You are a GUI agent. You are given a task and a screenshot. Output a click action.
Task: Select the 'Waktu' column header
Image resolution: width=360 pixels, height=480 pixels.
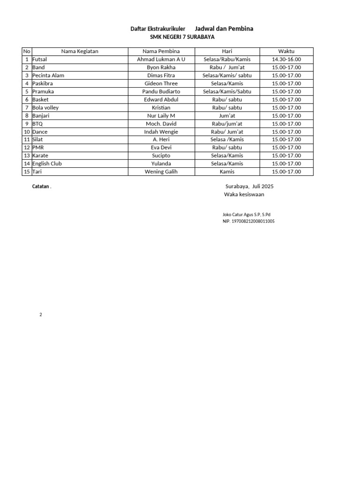pos(286,52)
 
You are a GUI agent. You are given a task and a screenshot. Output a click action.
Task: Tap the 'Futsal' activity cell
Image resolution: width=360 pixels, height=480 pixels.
pos(39,60)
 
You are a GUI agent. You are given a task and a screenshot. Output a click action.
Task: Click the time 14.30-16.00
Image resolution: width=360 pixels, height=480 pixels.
pos(286,60)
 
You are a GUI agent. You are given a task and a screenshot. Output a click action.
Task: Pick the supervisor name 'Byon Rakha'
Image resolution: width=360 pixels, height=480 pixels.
pos(161,67)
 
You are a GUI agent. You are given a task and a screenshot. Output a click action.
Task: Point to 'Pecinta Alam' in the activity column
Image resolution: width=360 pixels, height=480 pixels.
pos(48,75)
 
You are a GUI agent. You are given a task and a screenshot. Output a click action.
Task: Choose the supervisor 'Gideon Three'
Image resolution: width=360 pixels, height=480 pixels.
pos(161,83)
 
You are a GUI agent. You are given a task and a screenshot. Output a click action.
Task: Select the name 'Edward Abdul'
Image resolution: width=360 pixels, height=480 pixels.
pos(161,99)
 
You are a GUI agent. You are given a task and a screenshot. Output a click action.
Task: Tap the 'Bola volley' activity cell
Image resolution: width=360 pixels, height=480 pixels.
pos(45,107)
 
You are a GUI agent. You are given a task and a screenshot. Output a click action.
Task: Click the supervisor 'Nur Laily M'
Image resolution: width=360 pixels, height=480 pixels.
pos(161,115)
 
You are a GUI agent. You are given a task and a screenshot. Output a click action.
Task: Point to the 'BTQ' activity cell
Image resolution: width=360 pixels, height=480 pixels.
pos(37,124)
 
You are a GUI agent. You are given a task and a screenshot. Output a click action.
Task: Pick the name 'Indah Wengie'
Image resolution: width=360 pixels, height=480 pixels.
pos(161,132)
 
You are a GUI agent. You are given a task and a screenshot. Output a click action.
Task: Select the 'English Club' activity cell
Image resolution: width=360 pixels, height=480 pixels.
pos(47,164)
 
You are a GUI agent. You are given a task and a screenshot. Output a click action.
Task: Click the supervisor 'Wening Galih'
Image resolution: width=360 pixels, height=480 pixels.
pos(161,172)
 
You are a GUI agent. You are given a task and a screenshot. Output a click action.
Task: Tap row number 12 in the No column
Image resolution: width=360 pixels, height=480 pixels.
pos(27,148)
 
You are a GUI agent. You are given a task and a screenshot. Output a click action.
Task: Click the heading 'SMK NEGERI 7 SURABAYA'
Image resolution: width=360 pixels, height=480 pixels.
pos(179,37)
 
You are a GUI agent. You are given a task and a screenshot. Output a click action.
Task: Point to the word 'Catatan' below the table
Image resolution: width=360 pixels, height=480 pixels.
pos(41,187)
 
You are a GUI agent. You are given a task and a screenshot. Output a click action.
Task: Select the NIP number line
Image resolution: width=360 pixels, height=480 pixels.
pos(248,221)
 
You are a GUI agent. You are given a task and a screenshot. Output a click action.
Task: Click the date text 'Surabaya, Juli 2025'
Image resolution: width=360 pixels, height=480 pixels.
pos(249,187)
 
